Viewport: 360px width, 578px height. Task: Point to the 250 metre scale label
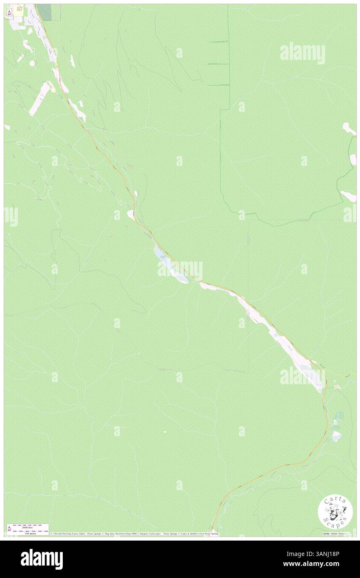[x=30, y=533]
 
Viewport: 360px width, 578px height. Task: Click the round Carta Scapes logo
[x=335, y=512]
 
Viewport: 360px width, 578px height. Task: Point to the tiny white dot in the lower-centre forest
[x=165, y=432]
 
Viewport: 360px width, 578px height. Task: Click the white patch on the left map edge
[x=7, y=126]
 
